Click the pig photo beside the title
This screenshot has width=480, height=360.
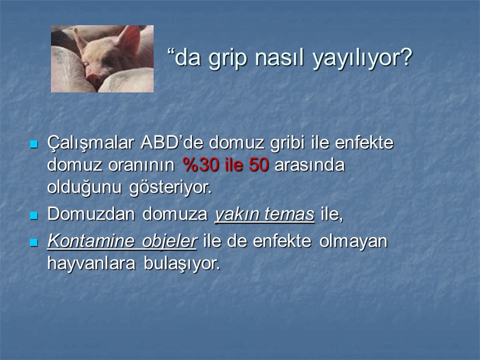tap(102, 58)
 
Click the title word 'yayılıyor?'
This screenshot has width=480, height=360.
tap(362, 59)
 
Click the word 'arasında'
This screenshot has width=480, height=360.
tap(309, 166)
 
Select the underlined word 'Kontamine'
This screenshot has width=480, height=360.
tap(90, 242)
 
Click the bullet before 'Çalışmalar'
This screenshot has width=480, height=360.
tap(34, 145)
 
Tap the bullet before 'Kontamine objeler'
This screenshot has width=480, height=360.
tap(34, 242)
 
